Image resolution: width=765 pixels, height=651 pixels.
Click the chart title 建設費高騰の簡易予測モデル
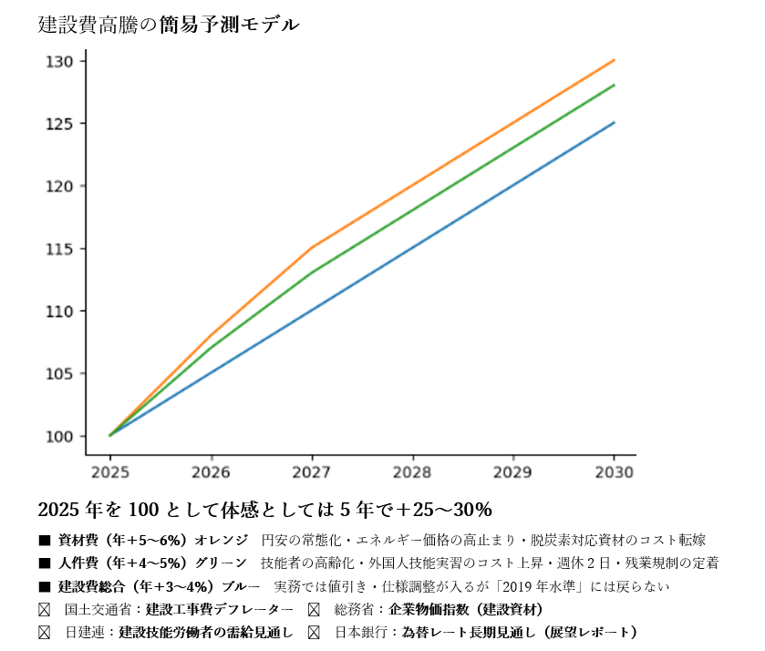(x=169, y=26)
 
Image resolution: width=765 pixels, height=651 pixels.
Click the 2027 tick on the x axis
(x=312, y=472)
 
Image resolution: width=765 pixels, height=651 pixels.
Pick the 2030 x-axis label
(x=614, y=472)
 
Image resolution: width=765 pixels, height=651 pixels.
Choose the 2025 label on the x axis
(x=109, y=472)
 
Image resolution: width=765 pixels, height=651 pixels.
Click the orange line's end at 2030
(x=614, y=60)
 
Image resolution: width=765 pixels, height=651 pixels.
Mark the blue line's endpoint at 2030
(x=614, y=122)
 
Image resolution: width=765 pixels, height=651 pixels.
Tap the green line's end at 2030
(x=614, y=85)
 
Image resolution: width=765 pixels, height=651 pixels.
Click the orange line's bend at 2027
(x=312, y=248)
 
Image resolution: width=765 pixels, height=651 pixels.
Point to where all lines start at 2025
(x=110, y=436)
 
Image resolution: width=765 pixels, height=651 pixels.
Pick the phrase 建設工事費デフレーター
(x=220, y=609)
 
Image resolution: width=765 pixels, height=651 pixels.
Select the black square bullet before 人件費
(x=44, y=563)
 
